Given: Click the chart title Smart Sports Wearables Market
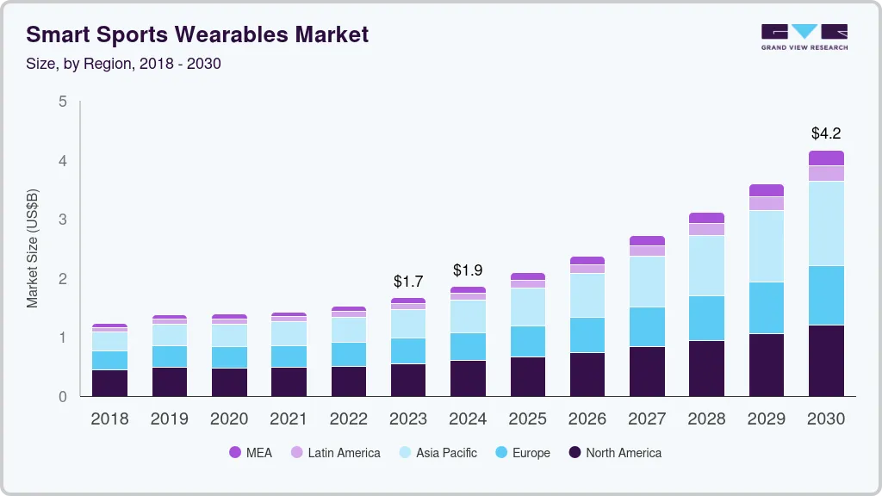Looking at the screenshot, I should (x=197, y=34).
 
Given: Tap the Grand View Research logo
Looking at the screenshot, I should (x=804, y=37).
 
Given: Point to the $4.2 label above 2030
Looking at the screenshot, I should (x=825, y=133).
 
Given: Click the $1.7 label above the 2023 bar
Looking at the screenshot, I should (x=408, y=282).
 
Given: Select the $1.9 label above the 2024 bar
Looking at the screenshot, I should (x=468, y=270).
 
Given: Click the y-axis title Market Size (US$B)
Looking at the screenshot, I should (x=33, y=249).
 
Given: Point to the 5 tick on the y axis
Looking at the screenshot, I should (x=62, y=102).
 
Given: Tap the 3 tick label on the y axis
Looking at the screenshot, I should (x=62, y=220).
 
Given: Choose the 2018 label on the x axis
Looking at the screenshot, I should (x=109, y=419).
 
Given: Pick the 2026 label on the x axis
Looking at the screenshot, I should (x=587, y=419).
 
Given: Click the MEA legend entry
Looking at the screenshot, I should (x=251, y=453).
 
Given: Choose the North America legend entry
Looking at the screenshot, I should (x=615, y=453).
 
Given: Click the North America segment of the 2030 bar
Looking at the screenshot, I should (x=826, y=361).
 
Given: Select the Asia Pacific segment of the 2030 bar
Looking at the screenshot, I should (x=826, y=223).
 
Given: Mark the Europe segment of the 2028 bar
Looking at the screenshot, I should (x=706, y=318).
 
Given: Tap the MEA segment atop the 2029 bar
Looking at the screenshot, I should (x=766, y=190).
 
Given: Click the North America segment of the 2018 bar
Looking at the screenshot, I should (x=109, y=383).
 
